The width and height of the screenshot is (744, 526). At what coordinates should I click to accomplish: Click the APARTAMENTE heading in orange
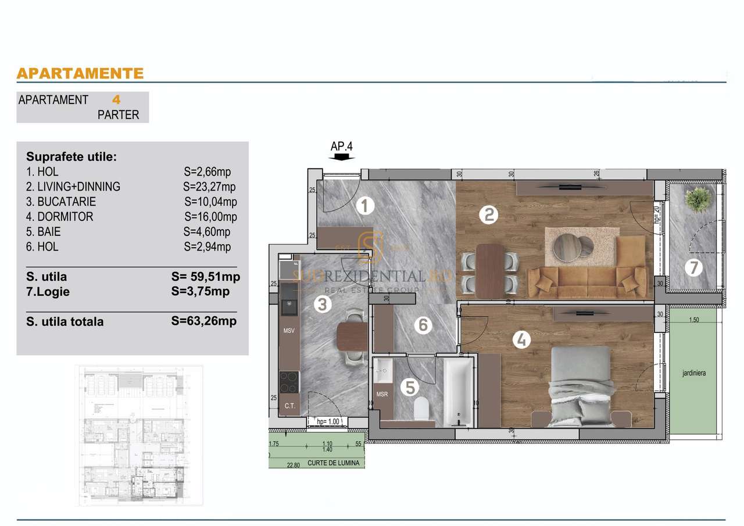click(80, 73)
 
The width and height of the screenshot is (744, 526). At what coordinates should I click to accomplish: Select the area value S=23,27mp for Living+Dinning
click(209, 187)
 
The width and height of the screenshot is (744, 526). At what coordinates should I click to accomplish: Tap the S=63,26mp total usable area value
click(204, 320)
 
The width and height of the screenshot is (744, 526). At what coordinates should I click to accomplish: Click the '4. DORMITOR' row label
click(60, 217)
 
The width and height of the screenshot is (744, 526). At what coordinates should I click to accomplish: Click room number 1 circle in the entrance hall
click(364, 205)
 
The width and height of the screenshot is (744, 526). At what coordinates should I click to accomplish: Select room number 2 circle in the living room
click(488, 215)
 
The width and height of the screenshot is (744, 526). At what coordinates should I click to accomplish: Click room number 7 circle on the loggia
click(693, 268)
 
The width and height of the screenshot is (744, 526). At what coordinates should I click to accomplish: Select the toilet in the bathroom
click(421, 409)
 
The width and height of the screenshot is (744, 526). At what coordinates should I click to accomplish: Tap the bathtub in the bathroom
click(459, 392)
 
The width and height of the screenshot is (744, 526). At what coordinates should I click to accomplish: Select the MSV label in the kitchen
click(289, 331)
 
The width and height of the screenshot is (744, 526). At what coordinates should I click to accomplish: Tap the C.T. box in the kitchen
click(289, 405)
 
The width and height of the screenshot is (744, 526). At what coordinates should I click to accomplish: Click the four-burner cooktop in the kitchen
click(289, 381)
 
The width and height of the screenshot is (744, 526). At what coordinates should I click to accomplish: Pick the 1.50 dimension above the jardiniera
click(693, 320)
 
